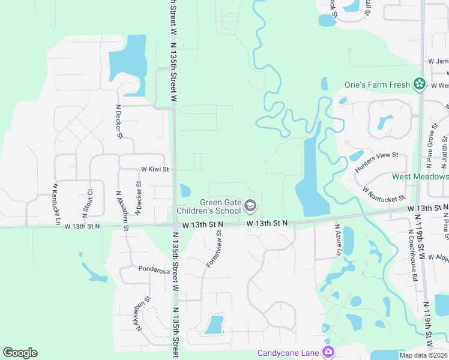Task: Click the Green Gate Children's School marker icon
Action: (250, 207)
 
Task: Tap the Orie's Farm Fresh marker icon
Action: (420, 85)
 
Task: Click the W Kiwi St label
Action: (155, 170)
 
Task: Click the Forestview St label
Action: (213, 249)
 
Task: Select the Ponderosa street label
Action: (154, 271)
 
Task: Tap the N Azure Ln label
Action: (337, 241)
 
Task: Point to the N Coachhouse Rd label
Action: (413, 256)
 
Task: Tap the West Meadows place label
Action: (420, 177)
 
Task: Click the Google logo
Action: (20, 353)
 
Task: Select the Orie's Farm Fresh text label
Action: (377, 85)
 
